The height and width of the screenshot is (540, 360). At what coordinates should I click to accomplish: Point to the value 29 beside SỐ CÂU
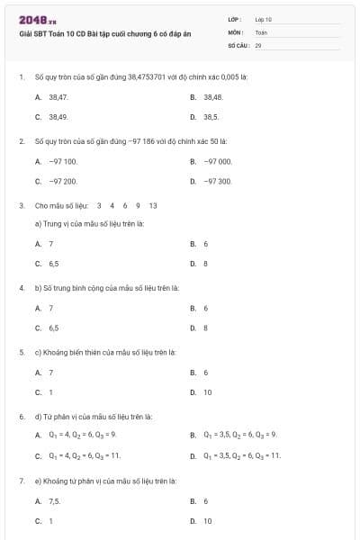point(258,44)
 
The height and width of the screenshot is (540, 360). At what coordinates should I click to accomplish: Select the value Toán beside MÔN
point(261,31)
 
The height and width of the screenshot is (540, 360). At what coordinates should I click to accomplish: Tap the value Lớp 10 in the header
point(263,19)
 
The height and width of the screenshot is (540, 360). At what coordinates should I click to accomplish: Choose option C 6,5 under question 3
point(54,264)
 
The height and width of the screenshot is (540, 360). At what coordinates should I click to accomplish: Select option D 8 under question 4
point(205,328)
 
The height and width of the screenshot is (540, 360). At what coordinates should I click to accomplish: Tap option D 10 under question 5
point(207,392)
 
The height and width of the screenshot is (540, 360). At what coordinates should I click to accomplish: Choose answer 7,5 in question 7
point(55,500)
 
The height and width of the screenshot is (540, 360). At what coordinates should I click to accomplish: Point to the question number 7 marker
point(21,481)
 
